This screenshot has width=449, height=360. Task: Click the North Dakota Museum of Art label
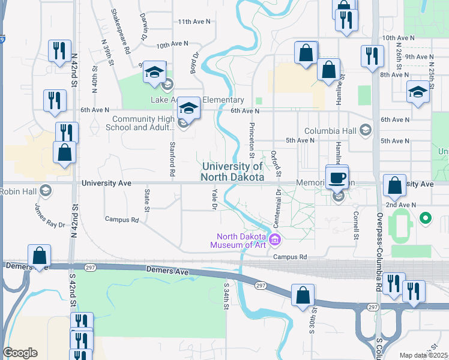238,240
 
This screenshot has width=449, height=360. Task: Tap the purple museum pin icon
276,240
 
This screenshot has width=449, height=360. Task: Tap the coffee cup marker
337,178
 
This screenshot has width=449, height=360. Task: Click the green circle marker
426,218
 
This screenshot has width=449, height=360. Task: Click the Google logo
20,353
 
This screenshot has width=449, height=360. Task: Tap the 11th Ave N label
194,22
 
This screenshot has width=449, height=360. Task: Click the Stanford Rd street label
172,158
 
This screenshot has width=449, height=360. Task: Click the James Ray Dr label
50,216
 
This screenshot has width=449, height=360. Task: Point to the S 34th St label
226,296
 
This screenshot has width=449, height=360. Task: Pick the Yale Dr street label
214,199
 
